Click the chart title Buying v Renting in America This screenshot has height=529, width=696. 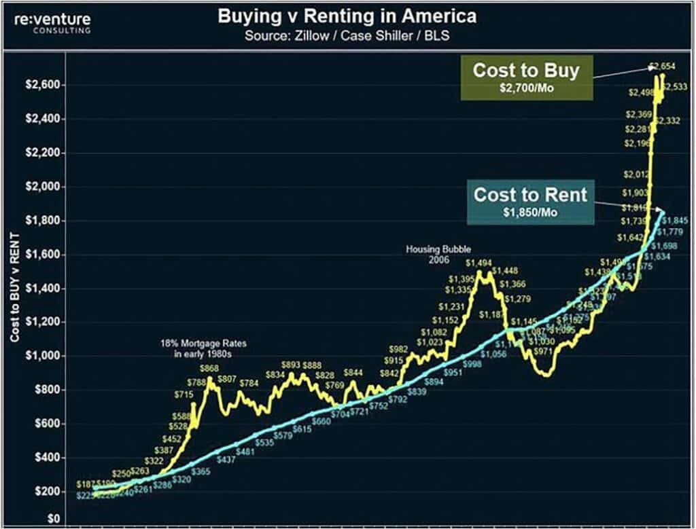[x=347, y=16]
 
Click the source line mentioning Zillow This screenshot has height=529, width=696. [x=347, y=35]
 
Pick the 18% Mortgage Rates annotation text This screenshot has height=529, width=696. [x=204, y=349]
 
